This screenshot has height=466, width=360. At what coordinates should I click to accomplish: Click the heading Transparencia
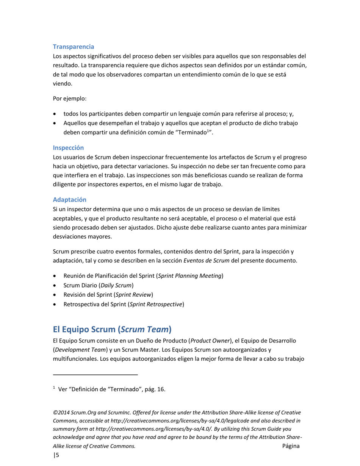pyautogui.click(x=74, y=47)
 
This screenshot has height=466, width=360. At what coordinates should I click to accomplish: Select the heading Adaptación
pyautogui.click(x=70, y=199)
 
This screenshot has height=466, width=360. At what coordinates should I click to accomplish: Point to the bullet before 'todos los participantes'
pyautogui.click(x=56, y=114)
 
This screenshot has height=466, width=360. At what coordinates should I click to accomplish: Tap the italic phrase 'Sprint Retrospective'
pyautogui.click(x=157, y=304)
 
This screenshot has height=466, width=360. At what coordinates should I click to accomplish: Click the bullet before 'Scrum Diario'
pyautogui.click(x=56, y=285)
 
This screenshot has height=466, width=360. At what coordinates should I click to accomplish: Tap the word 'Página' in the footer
pyautogui.click(x=291, y=446)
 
